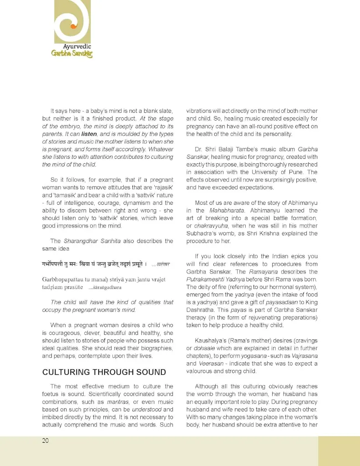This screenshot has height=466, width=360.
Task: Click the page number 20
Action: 45,441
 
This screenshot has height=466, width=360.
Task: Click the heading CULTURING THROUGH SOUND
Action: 104,372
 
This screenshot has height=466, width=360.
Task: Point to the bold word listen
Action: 89,134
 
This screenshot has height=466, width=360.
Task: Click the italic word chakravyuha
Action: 210,226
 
